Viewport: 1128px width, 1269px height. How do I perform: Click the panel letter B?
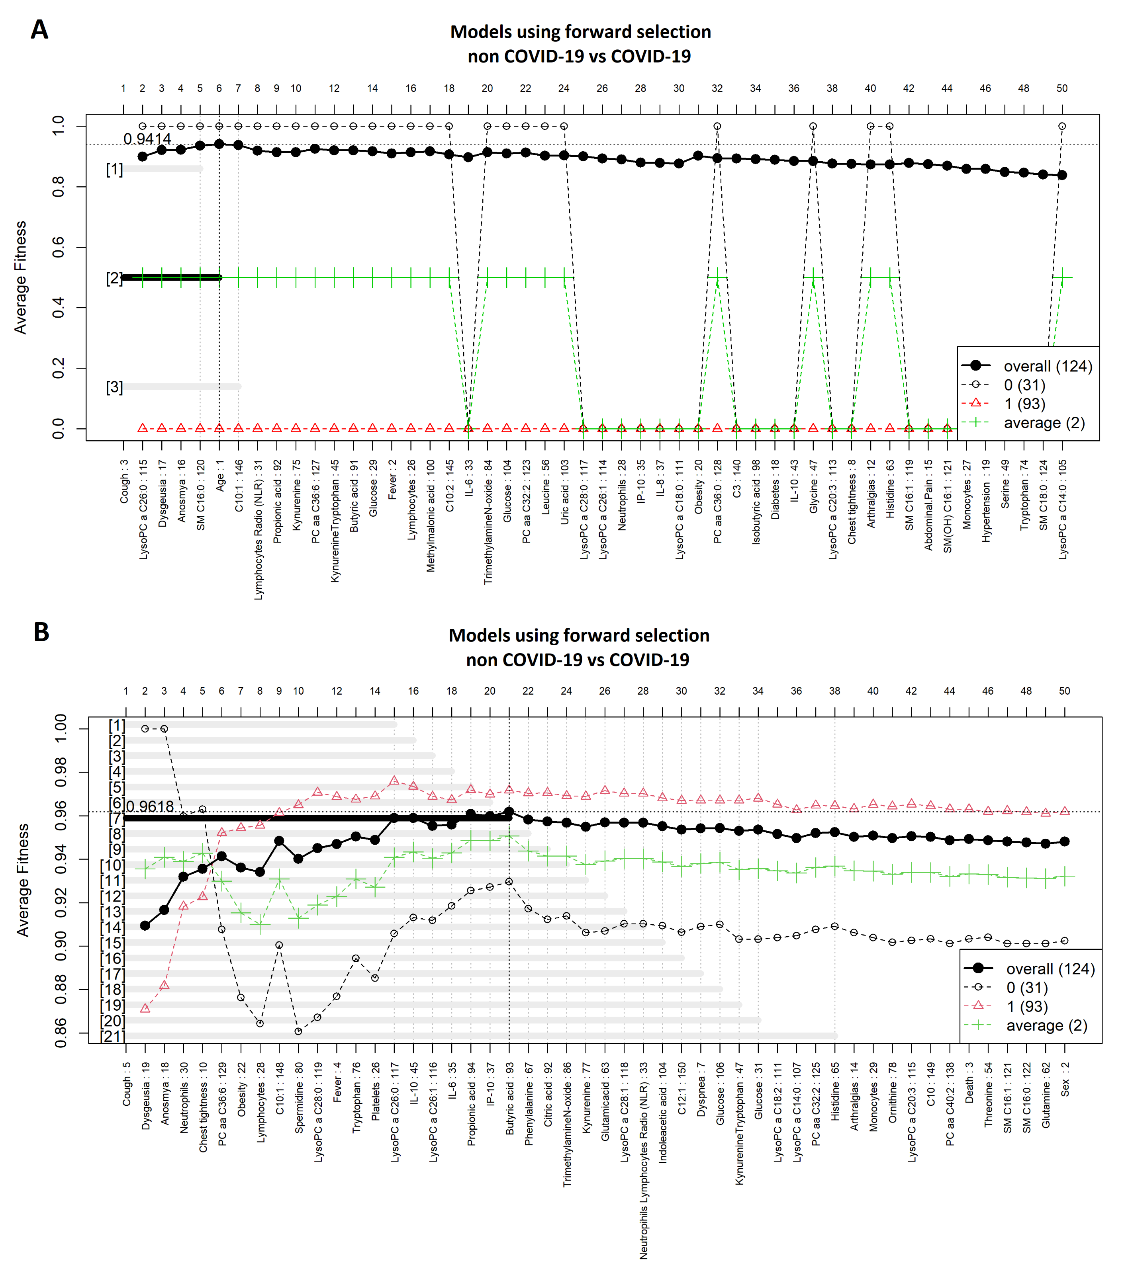coord(41,632)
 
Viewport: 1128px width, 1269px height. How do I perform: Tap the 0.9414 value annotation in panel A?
coord(147,139)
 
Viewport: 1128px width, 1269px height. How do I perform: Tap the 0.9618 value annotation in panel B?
coord(150,806)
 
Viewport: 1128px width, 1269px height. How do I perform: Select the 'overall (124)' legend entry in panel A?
coord(1047,366)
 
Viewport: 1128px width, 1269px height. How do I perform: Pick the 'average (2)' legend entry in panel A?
coord(1044,423)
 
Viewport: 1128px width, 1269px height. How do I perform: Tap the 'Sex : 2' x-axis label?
coord(1065,1079)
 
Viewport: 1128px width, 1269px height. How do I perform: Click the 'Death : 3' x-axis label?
coord(969,1082)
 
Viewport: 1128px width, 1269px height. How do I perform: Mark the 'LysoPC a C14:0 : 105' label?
coord(1063,509)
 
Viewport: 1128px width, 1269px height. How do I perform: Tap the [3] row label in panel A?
coord(114,387)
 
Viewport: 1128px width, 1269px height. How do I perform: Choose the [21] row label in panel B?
coord(112,1036)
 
